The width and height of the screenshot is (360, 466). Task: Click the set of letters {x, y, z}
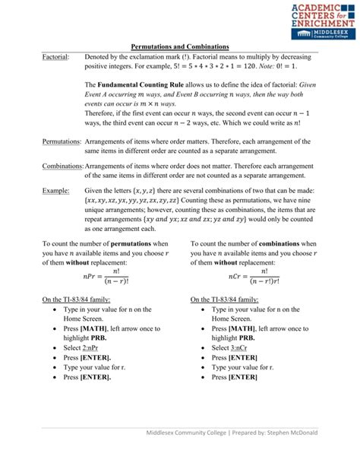149,191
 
